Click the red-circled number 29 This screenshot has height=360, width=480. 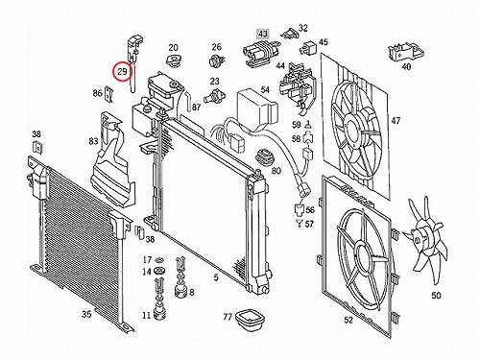(122, 71)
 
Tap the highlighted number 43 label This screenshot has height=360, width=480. (263, 34)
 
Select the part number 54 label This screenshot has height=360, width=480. (265, 89)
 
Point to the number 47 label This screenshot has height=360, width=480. (396, 121)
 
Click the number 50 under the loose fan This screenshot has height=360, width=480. (436, 295)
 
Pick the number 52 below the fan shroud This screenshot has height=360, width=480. (348, 320)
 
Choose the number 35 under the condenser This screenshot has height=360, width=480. (86, 314)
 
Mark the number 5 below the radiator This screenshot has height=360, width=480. (216, 277)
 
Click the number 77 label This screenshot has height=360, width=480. (228, 317)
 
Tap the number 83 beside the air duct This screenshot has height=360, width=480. (93, 141)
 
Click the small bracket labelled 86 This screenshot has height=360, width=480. (109, 94)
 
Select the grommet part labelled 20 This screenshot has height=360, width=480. (173, 60)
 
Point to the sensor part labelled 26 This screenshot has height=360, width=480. (217, 60)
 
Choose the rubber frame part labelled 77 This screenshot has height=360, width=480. (249, 321)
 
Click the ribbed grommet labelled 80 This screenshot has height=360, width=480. (266, 157)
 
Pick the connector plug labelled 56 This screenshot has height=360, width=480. (299, 210)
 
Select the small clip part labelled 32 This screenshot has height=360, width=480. (290, 33)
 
